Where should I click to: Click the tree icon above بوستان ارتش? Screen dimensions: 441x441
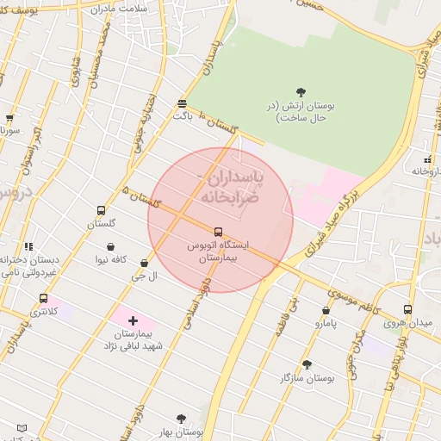[301, 91]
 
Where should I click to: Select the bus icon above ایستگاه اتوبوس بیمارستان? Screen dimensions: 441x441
[218, 232]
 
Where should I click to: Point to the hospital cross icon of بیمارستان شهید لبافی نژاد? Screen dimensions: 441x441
[133, 320]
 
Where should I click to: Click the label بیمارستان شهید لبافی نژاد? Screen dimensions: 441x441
[133, 339]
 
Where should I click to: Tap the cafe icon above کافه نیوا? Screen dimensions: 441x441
[111, 246]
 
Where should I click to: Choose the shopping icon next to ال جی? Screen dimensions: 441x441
[144, 264]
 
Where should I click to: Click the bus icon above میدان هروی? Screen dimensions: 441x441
[407, 310]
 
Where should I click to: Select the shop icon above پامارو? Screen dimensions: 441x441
[326, 311]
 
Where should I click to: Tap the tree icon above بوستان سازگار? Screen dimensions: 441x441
[307, 364]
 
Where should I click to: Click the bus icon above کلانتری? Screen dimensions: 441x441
[43, 298]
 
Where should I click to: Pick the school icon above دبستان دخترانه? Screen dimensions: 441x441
[29, 247]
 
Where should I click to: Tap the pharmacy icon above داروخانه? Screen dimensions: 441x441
[427, 159]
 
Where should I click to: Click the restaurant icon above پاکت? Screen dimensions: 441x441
[182, 102]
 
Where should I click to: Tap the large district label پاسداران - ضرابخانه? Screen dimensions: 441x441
[231, 187]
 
